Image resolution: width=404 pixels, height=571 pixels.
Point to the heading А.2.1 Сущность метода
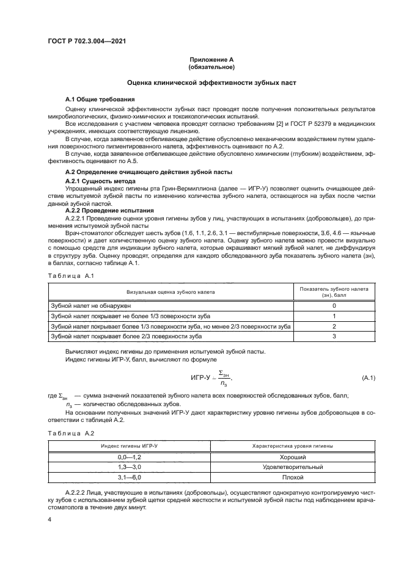(x=100, y=182)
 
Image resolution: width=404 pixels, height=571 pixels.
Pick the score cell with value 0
(x=334, y=305)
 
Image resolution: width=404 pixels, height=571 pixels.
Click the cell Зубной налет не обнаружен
(x=90, y=305)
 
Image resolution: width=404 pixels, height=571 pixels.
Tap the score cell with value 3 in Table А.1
(x=334, y=336)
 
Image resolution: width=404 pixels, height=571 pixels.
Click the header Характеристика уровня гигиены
(x=293, y=446)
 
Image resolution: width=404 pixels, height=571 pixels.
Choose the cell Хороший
(x=293, y=457)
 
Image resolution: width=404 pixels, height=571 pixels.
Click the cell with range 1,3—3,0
(x=129, y=467)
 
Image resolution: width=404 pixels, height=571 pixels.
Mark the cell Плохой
(x=293, y=478)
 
